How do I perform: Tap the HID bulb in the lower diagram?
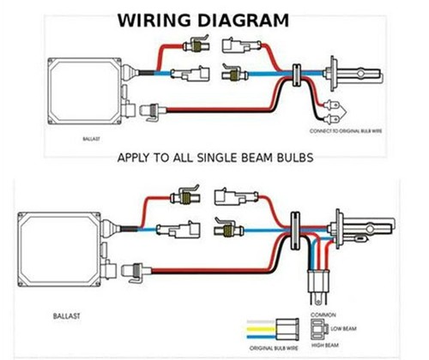pyautogui.click(x=360, y=230)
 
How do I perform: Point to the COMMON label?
pyautogui.click(x=322, y=315)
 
